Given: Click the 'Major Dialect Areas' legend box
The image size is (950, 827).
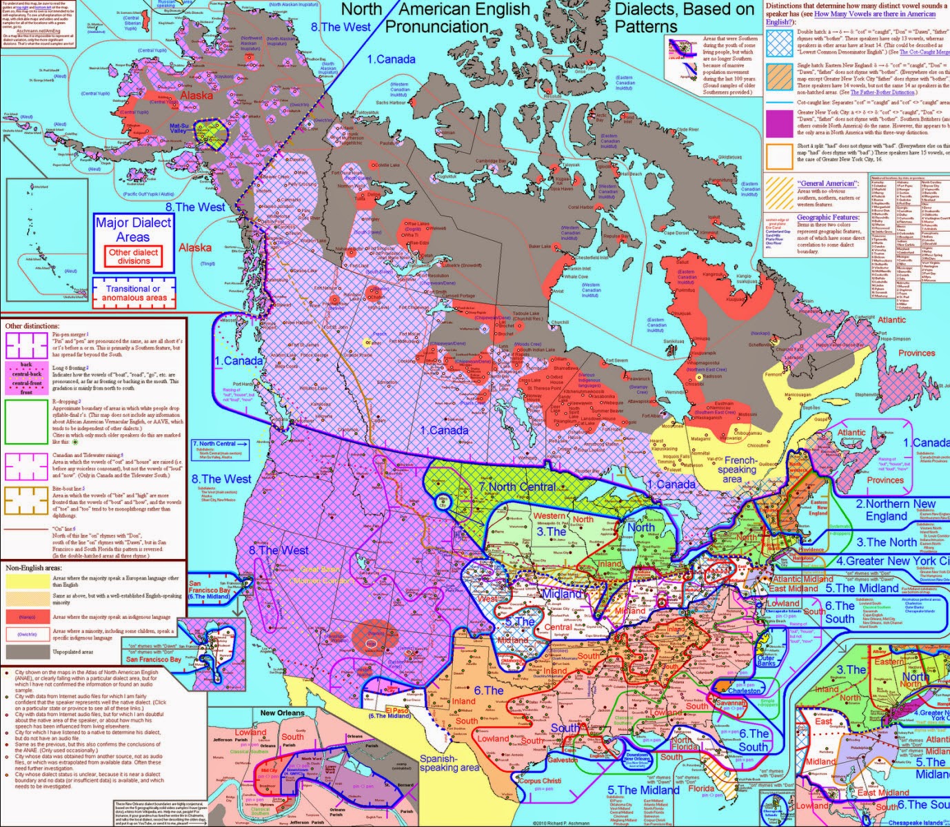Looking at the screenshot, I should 133,229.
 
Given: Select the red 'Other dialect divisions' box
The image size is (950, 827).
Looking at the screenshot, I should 134,256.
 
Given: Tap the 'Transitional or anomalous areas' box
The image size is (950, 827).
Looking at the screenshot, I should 134,293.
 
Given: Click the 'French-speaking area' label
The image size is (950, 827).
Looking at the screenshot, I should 740,469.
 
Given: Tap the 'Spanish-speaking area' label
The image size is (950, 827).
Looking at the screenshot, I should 449,763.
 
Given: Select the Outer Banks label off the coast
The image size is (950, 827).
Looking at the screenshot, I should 766,662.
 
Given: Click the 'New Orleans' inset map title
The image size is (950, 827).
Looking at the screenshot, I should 282,713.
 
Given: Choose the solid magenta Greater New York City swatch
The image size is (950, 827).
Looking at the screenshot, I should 779,123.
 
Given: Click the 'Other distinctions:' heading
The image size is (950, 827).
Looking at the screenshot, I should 32,325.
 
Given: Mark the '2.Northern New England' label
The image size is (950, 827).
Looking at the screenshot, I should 896,510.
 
